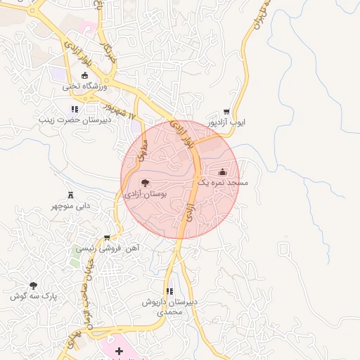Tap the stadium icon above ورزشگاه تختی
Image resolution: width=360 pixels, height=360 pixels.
point(84,75)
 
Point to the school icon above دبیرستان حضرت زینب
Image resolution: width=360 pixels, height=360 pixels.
point(75,109)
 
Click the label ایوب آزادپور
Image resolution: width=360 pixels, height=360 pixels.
point(226,122)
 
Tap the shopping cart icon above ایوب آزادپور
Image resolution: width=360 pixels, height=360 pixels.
point(226,112)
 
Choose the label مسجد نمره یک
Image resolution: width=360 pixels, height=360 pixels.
point(222,182)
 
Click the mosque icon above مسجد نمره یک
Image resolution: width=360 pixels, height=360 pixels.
point(223,172)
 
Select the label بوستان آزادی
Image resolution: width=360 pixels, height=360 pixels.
point(145,193)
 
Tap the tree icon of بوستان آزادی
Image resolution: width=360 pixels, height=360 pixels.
point(145,183)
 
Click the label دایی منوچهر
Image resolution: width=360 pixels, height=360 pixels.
point(70,206)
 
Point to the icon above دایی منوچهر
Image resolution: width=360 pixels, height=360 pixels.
point(70,195)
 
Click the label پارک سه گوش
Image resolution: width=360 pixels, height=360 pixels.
point(32,296)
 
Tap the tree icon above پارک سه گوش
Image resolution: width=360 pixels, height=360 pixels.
point(33,285)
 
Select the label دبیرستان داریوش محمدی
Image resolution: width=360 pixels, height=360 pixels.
point(169,306)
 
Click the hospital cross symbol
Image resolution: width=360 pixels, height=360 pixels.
point(119,350)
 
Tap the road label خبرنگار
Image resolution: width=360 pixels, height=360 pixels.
point(108,51)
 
